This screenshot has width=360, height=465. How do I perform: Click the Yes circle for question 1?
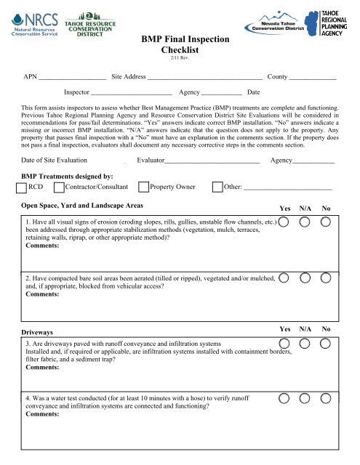click(x=286, y=221)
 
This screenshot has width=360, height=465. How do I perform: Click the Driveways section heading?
click(x=40, y=332)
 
